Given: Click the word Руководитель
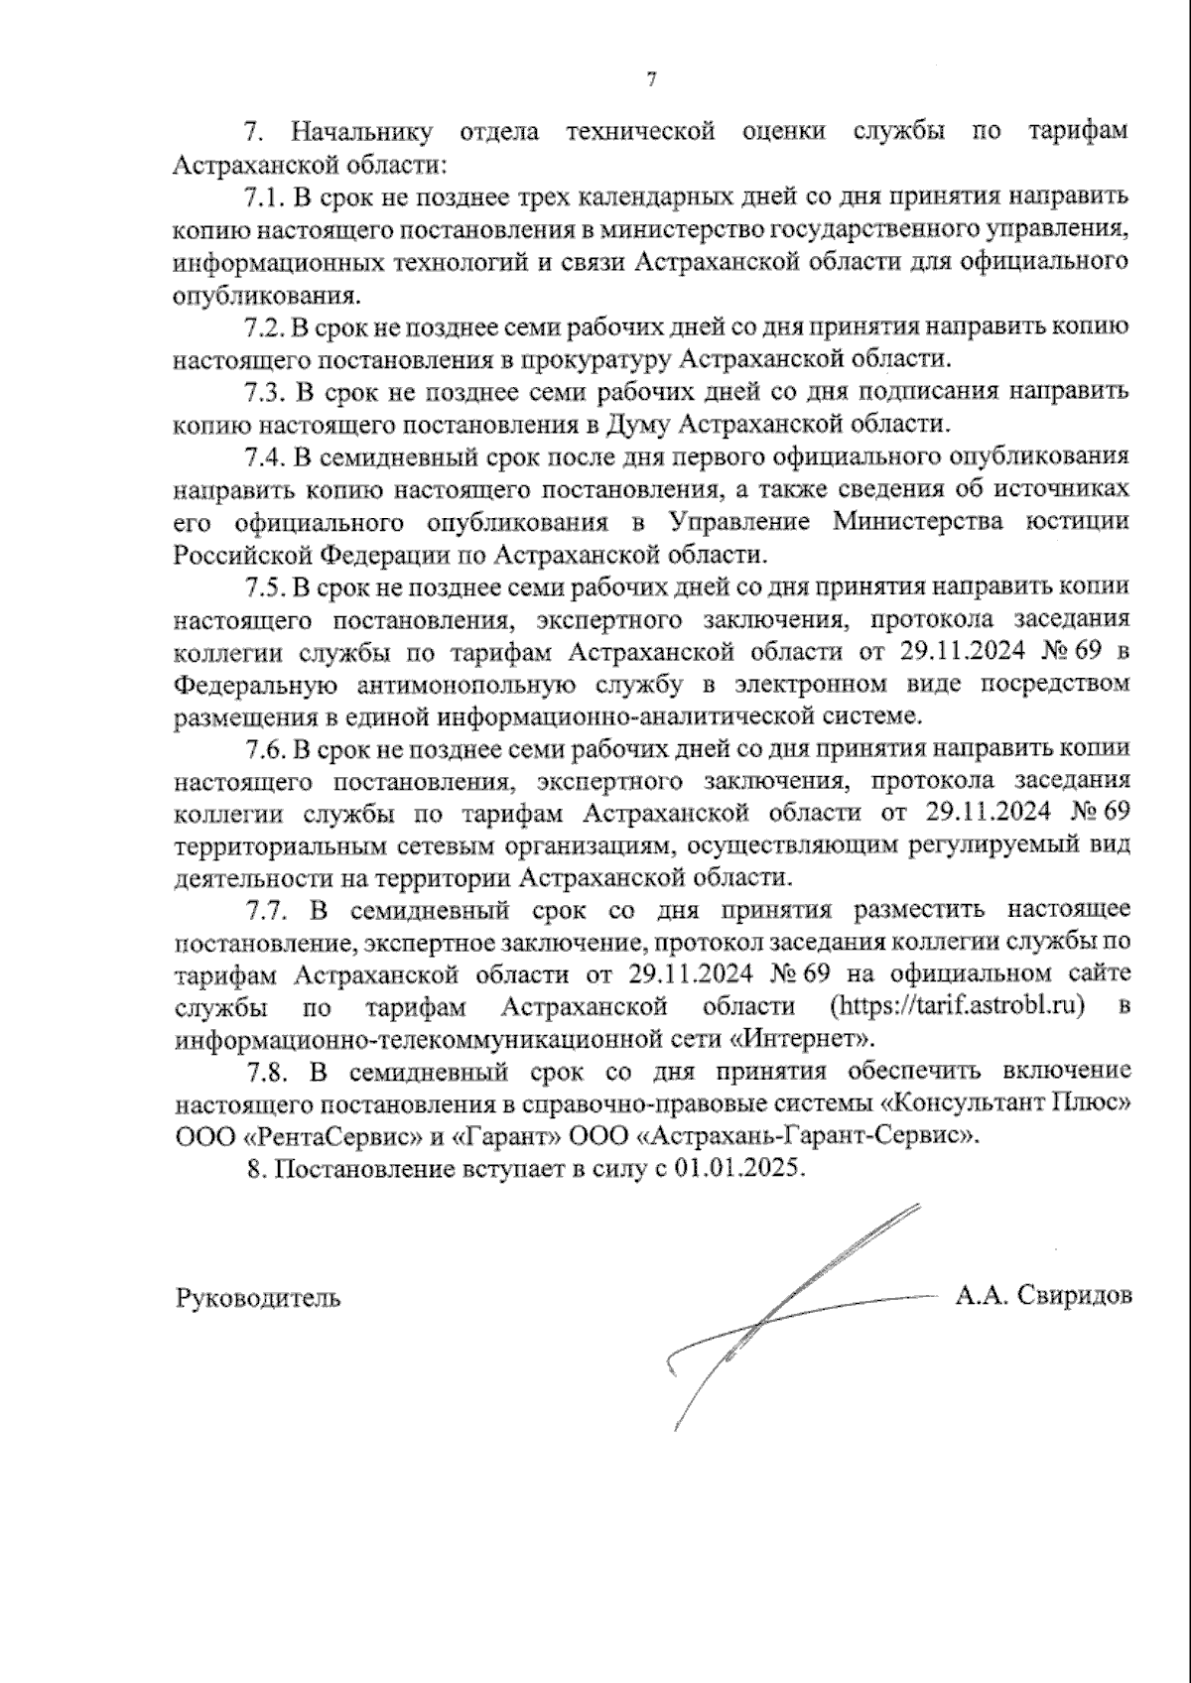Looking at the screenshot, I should pos(258,1297).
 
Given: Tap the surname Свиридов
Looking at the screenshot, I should pos(1074,1295).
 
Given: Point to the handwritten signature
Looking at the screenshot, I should pos(784,1310).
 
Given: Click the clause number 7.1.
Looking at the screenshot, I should pos(263,196).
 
